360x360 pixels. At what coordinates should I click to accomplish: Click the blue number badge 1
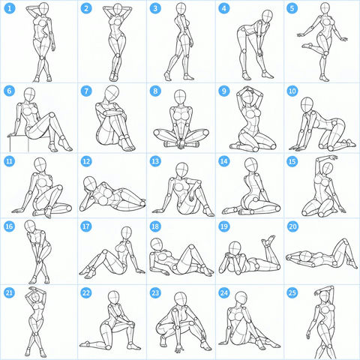(x=10, y=8)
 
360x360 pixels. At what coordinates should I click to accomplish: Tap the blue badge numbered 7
(x=86, y=91)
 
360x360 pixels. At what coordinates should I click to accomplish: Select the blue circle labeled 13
(x=155, y=161)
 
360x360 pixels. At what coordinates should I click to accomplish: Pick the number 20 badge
(x=292, y=226)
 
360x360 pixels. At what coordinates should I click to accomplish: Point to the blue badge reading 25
(x=292, y=292)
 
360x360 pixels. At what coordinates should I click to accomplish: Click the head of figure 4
(x=268, y=17)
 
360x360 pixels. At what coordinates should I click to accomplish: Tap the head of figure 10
(x=307, y=105)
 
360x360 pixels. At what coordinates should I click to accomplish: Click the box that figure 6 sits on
(x=19, y=144)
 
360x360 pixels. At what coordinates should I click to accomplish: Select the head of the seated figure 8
(x=180, y=97)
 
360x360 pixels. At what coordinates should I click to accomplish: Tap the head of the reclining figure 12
(x=90, y=183)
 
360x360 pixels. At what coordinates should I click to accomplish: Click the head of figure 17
(x=127, y=233)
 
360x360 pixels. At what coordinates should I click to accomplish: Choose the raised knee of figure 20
(x=344, y=242)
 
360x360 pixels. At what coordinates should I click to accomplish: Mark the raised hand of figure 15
(x=334, y=157)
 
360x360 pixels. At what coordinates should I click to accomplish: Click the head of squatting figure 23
(x=181, y=299)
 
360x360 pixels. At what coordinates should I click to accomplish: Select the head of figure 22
(x=114, y=297)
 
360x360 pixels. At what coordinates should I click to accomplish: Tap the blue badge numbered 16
(x=10, y=226)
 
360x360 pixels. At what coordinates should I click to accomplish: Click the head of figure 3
(x=181, y=10)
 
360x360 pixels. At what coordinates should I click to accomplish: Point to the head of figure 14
(x=251, y=165)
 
